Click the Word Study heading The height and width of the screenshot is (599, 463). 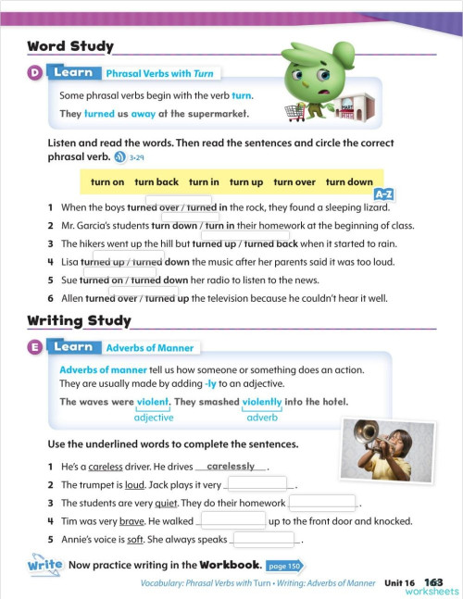tap(70, 46)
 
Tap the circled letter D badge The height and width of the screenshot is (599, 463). tap(34, 73)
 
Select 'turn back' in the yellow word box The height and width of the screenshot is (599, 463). tap(156, 182)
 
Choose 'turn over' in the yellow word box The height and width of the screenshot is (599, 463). tap(294, 182)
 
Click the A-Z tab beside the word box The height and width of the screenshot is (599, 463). tap(383, 194)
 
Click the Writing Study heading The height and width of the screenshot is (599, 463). tap(79, 321)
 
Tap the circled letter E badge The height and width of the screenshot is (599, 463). tap(34, 347)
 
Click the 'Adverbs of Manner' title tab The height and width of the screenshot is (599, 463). tap(150, 348)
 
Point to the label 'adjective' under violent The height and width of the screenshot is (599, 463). tap(154, 418)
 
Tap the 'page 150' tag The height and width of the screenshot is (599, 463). tap(284, 566)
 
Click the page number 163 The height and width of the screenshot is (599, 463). tap(434, 582)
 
